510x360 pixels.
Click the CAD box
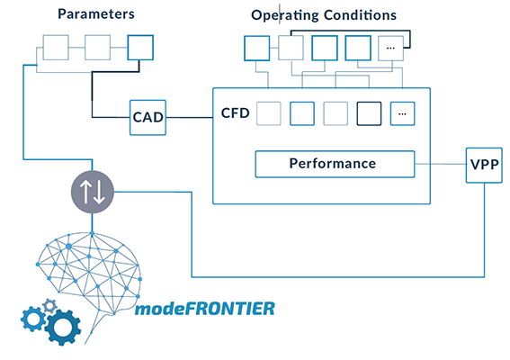point(148,118)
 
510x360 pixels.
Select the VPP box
point(484,165)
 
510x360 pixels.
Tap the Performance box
point(335,164)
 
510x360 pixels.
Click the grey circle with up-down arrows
point(93,192)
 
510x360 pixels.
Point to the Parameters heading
point(96,14)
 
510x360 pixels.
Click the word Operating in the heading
point(285,15)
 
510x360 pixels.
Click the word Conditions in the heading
point(360,15)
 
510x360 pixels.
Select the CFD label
point(235,112)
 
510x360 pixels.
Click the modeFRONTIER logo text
point(205,309)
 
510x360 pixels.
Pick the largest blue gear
point(63,327)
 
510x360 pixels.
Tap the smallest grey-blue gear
point(49,306)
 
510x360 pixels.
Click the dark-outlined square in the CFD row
point(369,113)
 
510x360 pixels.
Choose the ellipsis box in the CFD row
point(402,113)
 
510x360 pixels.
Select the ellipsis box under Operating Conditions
point(390,49)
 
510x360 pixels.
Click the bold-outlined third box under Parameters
point(140,48)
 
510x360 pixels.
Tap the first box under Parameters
point(56,48)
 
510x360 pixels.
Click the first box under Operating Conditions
point(257,49)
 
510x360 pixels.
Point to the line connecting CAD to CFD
point(189,118)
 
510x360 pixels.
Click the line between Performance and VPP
point(441,164)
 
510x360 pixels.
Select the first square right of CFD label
point(269,113)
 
